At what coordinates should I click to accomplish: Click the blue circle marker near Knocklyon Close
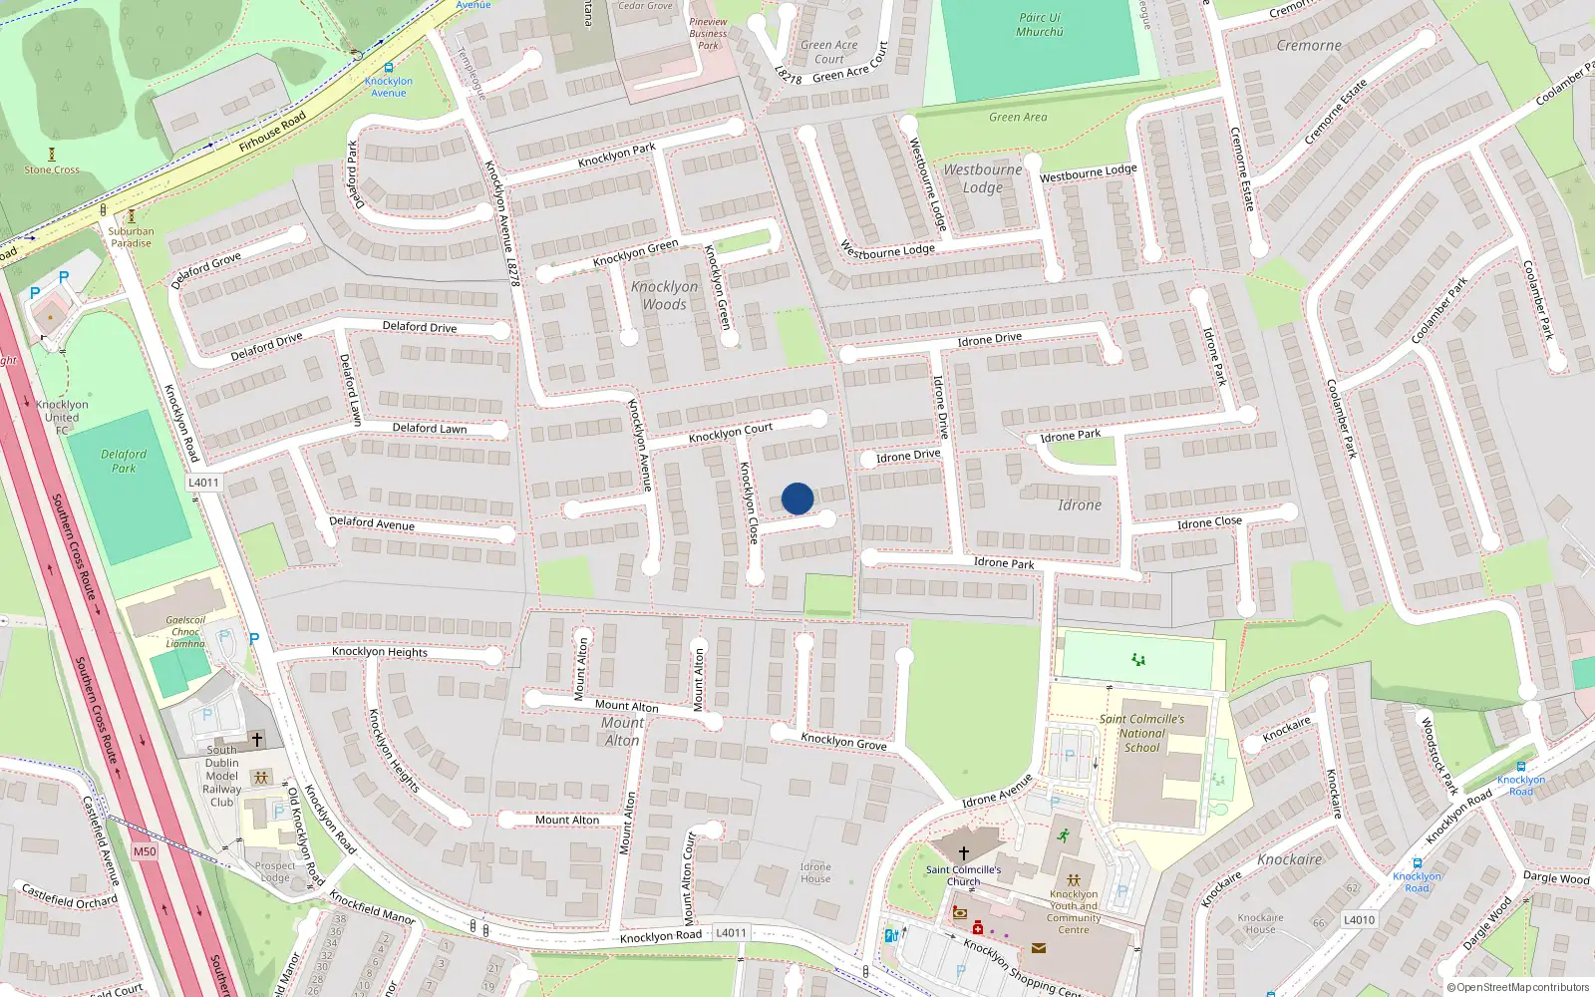797,498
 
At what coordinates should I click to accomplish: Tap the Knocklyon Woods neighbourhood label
664,295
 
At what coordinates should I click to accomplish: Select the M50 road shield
145,851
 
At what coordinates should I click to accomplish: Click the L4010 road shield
1359,920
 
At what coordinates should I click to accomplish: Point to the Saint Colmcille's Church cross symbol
963,853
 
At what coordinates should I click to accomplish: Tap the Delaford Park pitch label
124,461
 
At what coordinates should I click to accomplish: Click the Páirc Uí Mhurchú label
1040,25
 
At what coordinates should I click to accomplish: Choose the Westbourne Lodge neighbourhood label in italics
983,178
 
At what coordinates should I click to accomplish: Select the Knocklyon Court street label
731,433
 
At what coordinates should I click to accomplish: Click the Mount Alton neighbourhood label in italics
622,731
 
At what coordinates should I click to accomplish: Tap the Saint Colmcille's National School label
1142,733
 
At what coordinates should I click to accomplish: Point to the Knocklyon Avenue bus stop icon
388,68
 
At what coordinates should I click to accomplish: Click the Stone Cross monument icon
52,155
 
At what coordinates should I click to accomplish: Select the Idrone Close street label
1209,522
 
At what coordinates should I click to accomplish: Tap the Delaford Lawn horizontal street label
429,428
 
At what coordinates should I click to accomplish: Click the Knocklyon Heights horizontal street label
379,652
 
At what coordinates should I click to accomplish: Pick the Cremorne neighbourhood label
1309,46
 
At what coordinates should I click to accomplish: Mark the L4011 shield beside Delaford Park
203,483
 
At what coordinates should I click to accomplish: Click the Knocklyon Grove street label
843,741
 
